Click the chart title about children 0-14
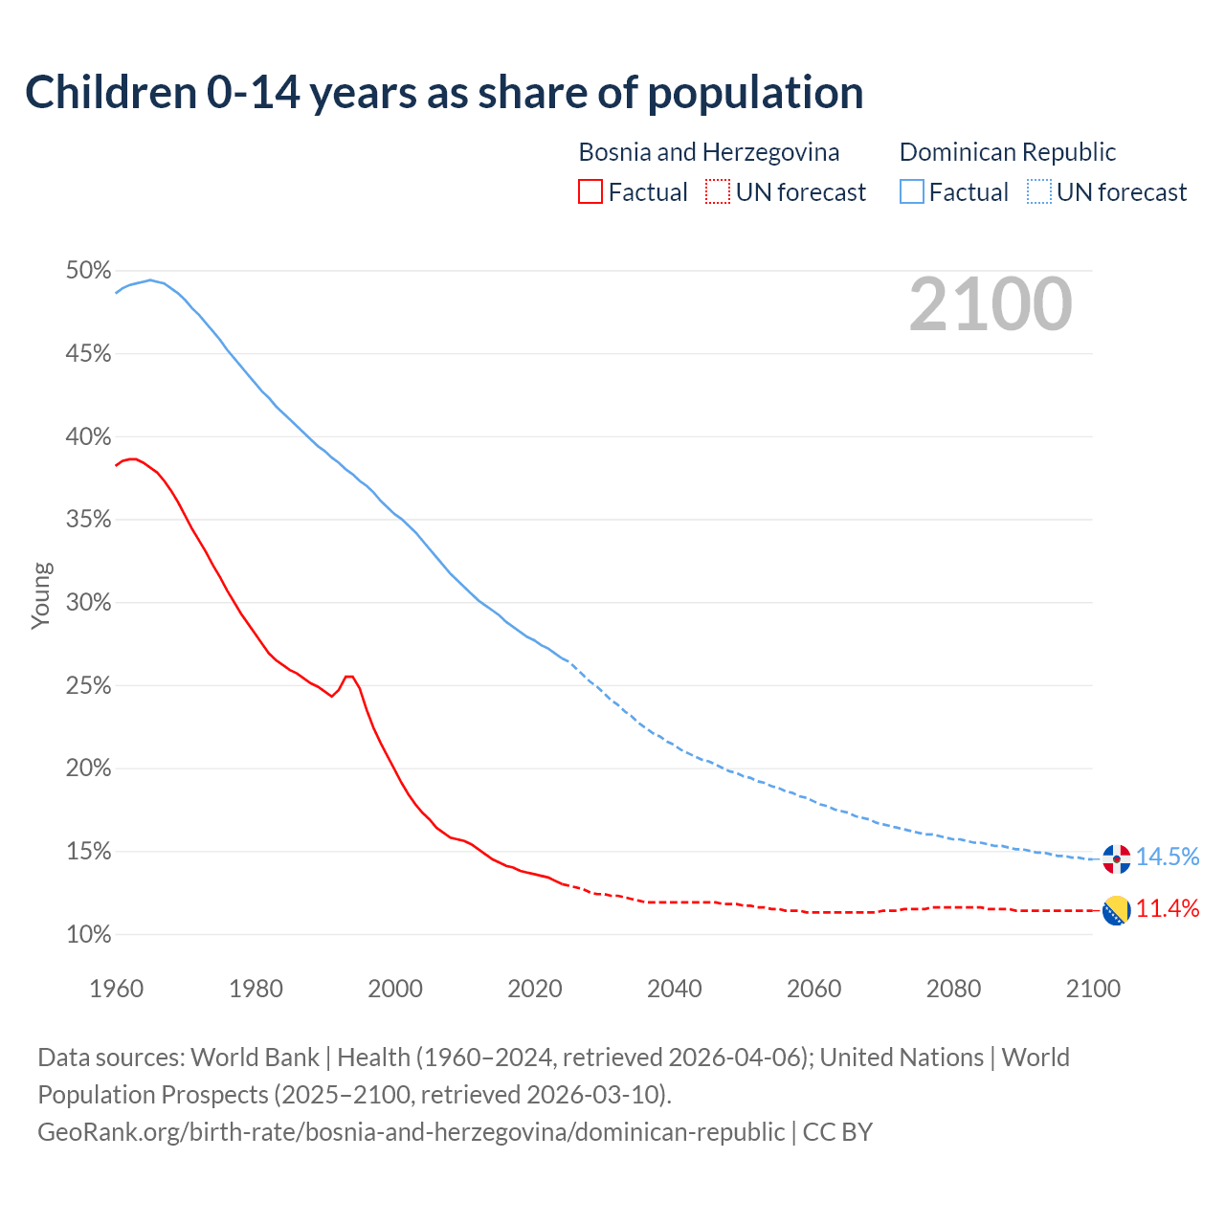[444, 93]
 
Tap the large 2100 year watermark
[991, 304]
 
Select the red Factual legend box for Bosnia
[590, 192]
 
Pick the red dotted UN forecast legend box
[718, 192]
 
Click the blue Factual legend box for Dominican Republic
[912, 192]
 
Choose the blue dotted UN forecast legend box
[1039, 192]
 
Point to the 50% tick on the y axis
[88, 271]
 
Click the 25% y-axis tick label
[88, 686]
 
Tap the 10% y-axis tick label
[88, 935]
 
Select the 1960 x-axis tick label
[117, 989]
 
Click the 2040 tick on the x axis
[675, 989]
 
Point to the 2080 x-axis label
[953, 989]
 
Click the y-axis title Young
[40, 595]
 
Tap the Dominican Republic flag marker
[1117, 858]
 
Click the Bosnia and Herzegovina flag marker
[1117, 910]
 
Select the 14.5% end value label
[1168, 857]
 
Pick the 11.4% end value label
[1168, 908]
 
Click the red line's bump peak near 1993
[349, 677]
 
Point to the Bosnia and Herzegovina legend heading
[709, 152]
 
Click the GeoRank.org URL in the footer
[412, 1132]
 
